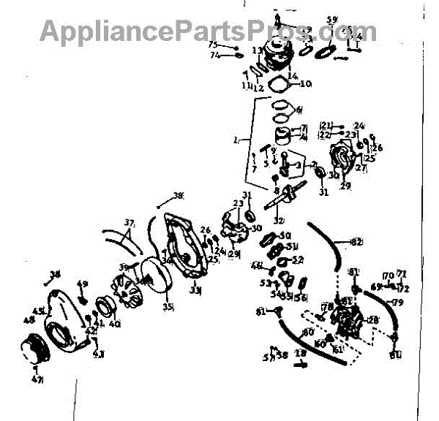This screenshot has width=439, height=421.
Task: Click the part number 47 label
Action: click(x=38, y=379)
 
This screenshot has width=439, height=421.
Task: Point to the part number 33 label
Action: click(x=195, y=290)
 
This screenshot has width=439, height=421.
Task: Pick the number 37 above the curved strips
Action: click(x=129, y=223)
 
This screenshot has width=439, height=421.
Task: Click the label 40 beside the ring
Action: click(x=114, y=325)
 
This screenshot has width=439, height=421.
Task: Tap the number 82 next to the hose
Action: click(x=357, y=243)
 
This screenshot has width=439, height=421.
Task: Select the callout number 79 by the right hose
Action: click(x=398, y=303)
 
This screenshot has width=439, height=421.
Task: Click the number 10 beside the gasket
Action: click(x=306, y=83)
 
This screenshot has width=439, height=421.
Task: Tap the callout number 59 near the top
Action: click(x=332, y=20)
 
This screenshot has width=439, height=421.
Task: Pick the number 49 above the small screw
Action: click(x=82, y=284)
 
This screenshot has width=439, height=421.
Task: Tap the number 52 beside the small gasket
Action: click(x=298, y=260)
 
